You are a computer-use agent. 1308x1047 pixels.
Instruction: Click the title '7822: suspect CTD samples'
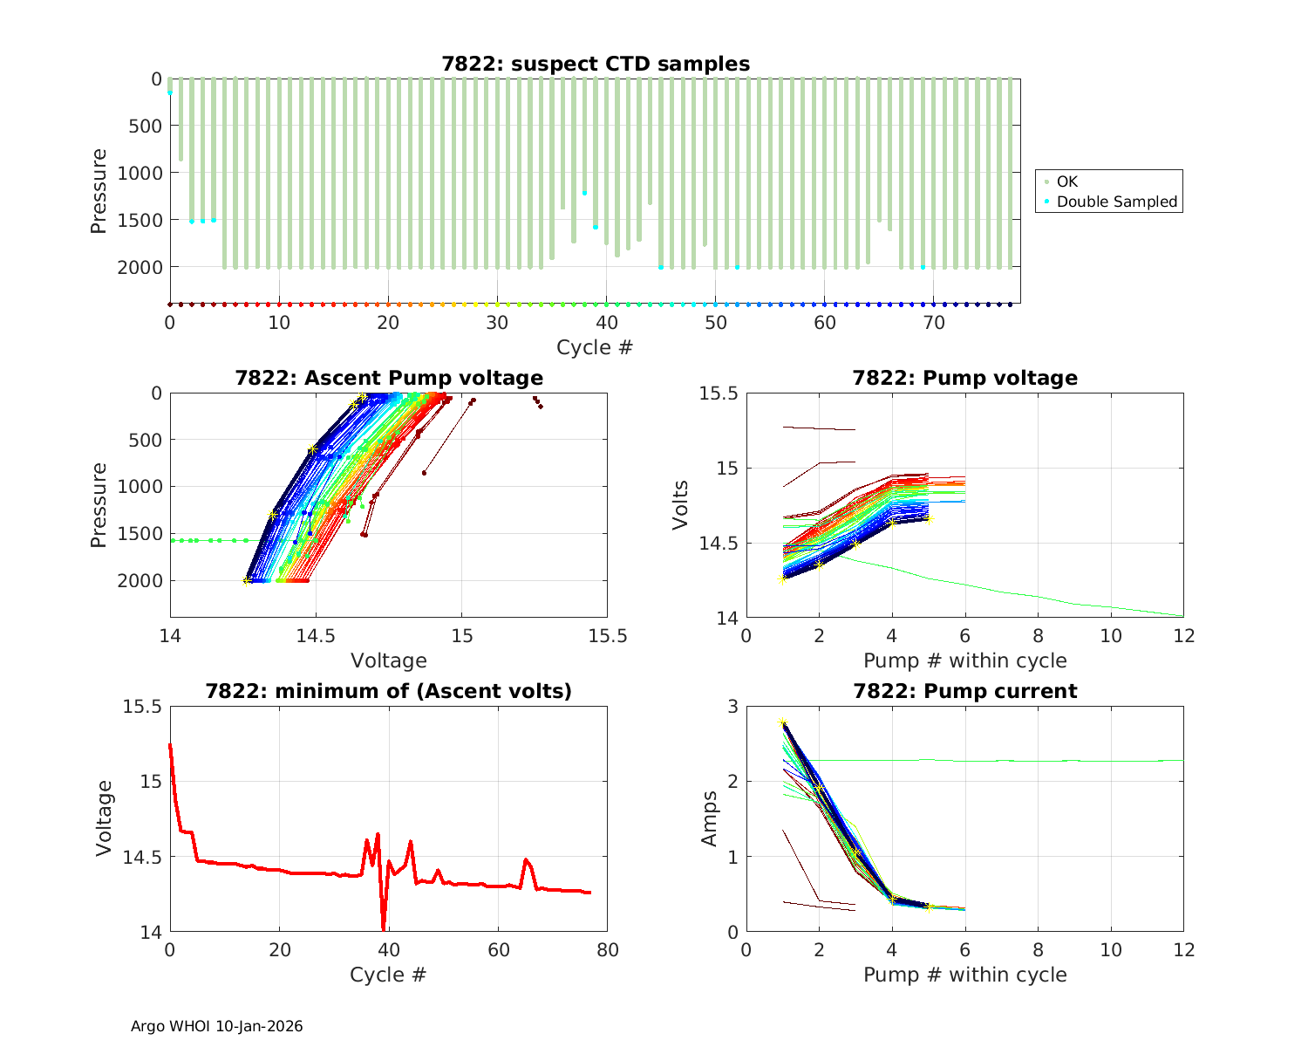click(x=596, y=64)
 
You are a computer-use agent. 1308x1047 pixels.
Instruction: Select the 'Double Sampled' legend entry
click(x=1116, y=202)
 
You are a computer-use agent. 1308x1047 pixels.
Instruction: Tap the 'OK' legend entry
click(x=1066, y=181)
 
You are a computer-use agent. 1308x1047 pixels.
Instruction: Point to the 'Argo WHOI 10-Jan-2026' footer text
click(x=216, y=1026)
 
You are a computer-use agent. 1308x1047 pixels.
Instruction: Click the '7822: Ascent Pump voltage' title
click(x=389, y=378)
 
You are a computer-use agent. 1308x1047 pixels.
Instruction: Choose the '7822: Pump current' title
click(x=964, y=691)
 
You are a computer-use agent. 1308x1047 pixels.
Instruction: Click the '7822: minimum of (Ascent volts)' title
click(x=389, y=691)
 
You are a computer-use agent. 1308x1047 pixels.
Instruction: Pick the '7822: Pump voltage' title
click(x=964, y=378)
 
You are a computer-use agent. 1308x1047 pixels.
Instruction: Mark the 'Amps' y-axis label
click(x=711, y=818)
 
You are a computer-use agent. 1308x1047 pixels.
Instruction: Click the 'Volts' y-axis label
click(x=682, y=505)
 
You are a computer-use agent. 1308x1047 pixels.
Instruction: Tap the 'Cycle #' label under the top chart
click(x=595, y=347)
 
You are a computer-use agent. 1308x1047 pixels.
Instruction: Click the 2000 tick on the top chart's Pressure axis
click(x=140, y=266)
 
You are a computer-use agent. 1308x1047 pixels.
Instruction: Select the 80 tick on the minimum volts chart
click(x=607, y=949)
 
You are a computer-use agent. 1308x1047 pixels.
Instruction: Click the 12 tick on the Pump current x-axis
click(x=1183, y=949)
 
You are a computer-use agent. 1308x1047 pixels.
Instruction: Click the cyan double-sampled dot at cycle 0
click(x=170, y=92)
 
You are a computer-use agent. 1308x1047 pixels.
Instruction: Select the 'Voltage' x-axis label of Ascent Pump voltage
click(x=389, y=660)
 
